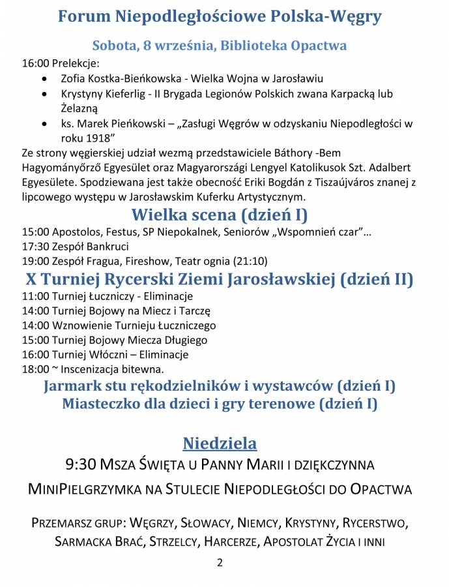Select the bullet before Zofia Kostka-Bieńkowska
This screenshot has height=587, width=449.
[44, 79]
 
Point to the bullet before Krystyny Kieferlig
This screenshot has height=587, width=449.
[44, 94]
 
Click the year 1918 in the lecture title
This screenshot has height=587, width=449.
[101, 138]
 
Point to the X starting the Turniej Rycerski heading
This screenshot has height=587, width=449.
[31, 279]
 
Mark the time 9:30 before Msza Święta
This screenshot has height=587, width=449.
[81, 465]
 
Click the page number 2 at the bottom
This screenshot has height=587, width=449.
[220, 563]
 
